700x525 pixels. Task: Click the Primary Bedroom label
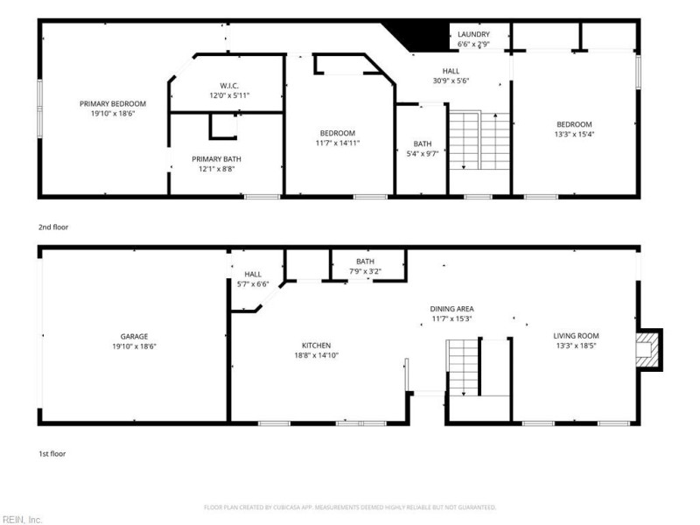pos(113,103)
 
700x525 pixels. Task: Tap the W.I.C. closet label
pos(229,86)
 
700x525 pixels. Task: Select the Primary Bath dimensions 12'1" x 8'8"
pos(216,169)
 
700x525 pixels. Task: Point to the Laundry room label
pos(473,34)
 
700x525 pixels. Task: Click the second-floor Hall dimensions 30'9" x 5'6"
pos(451,80)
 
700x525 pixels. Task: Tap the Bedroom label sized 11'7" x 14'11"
pos(338,133)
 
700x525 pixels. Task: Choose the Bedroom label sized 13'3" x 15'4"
pos(574,124)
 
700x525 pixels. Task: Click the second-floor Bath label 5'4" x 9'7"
pos(423,143)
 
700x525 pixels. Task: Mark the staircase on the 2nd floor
pos(479,140)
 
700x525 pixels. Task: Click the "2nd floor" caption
pos(53,227)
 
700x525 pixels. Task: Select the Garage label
pos(134,337)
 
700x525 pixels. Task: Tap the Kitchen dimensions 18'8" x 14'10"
pos(316,355)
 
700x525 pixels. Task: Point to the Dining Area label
pos(451,309)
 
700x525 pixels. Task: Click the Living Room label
pos(576,336)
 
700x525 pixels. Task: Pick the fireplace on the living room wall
pos(649,349)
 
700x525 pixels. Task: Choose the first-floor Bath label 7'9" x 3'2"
pos(365,261)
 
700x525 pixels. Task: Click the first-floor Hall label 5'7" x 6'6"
pos(253,274)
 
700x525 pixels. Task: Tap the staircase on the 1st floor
pos(463,367)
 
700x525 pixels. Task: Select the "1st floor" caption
pos(52,453)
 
